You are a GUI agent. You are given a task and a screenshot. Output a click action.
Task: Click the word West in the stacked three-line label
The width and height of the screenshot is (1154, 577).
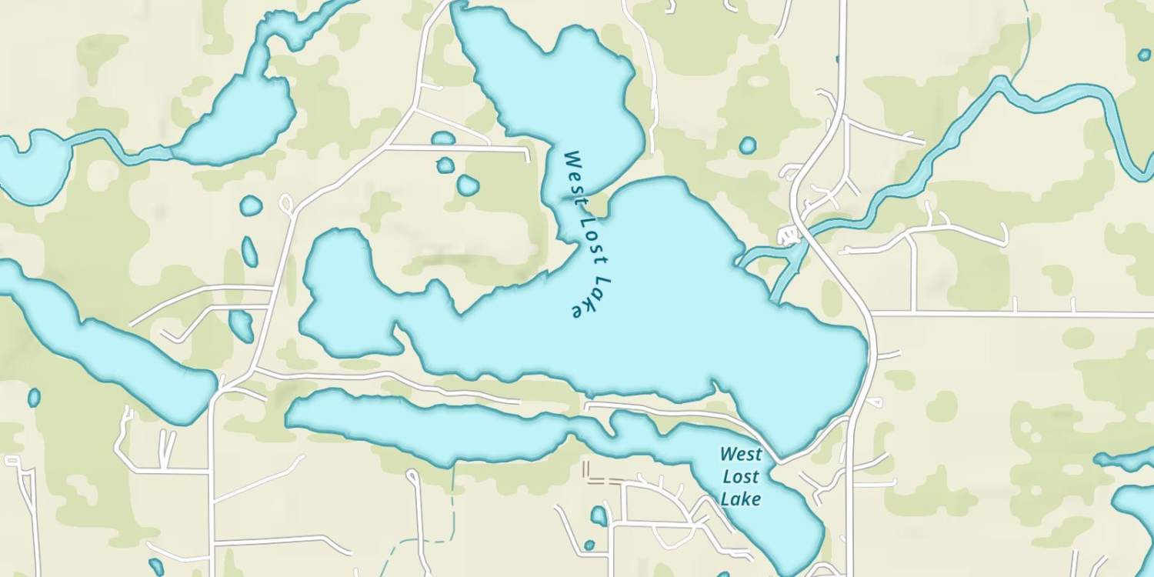point(741,455)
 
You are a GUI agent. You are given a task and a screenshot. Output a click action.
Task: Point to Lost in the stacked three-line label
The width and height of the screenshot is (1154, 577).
point(741,477)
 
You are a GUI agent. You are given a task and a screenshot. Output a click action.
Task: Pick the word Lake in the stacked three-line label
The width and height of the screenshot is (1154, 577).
point(741,499)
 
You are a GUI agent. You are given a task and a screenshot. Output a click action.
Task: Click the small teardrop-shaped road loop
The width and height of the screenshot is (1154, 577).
point(286,205)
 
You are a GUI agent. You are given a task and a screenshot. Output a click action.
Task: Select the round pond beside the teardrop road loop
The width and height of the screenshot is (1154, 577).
point(251,205)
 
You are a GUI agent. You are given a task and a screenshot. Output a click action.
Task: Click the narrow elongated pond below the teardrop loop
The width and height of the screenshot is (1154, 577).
point(249,252)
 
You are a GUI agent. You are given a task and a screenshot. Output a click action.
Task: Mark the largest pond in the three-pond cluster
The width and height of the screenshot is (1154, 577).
point(468,185)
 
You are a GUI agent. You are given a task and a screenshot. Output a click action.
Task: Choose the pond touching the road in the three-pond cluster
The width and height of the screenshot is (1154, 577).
point(443,138)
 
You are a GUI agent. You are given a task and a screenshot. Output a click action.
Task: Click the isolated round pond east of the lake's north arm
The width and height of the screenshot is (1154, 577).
point(747,145)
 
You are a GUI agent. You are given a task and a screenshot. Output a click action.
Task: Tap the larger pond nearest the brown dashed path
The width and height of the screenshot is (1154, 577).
point(599,515)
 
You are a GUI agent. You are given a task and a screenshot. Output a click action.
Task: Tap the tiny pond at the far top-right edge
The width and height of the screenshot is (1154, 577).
point(1144,55)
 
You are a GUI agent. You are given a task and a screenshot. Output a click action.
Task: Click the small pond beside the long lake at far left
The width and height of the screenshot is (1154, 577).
point(34,398)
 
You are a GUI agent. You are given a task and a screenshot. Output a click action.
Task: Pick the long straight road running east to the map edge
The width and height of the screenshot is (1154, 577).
point(1016,314)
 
